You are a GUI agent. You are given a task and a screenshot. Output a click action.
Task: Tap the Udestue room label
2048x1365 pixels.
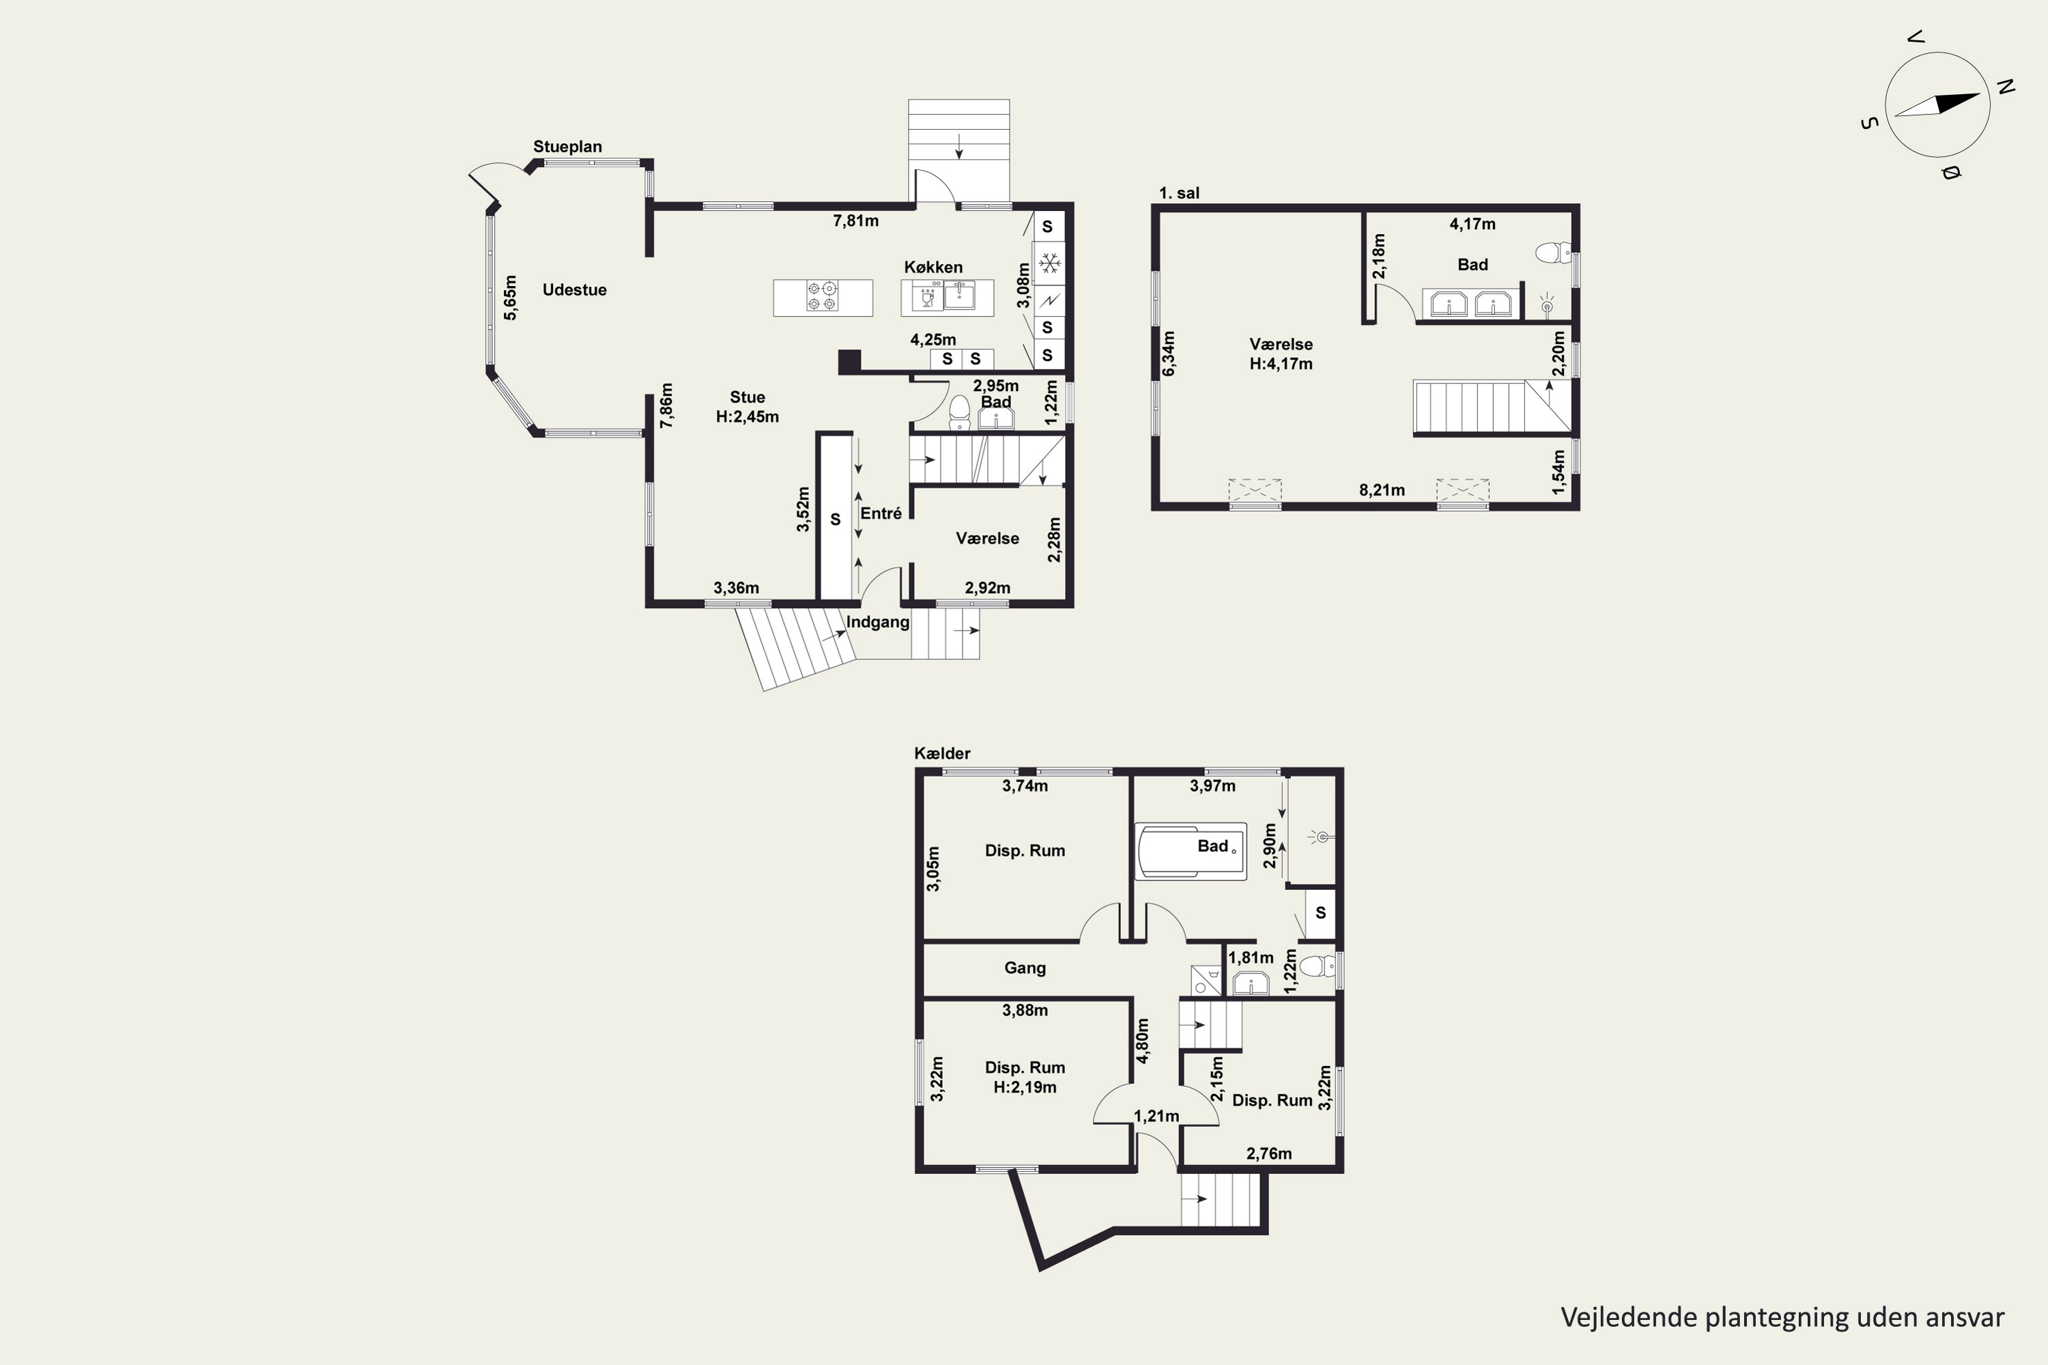tap(574, 290)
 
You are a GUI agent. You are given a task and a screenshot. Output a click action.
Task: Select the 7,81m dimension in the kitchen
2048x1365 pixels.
tap(855, 221)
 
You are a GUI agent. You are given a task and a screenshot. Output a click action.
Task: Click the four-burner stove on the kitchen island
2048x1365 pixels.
tap(823, 297)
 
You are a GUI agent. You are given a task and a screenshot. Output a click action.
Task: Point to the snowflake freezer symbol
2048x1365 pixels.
tap(1049, 262)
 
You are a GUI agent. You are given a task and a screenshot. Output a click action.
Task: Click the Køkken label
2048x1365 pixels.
tap(933, 268)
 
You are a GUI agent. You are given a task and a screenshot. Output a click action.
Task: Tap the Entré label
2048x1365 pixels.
tap(881, 514)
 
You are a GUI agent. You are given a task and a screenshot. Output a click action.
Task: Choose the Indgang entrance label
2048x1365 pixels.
tap(878, 622)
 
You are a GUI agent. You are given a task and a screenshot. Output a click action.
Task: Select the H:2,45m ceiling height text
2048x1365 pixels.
tap(747, 417)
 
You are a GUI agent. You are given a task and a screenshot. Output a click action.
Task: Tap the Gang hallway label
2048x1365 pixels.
tap(1025, 968)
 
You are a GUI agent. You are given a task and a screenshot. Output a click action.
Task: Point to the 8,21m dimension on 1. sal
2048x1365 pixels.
tap(1382, 490)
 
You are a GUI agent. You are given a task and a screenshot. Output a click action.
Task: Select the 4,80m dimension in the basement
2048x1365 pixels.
tap(1143, 1041)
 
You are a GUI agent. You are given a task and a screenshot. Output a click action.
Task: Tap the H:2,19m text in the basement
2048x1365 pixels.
tap(1025, 1087)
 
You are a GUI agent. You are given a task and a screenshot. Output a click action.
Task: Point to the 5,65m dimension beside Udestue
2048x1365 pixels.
tap(510, 298)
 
